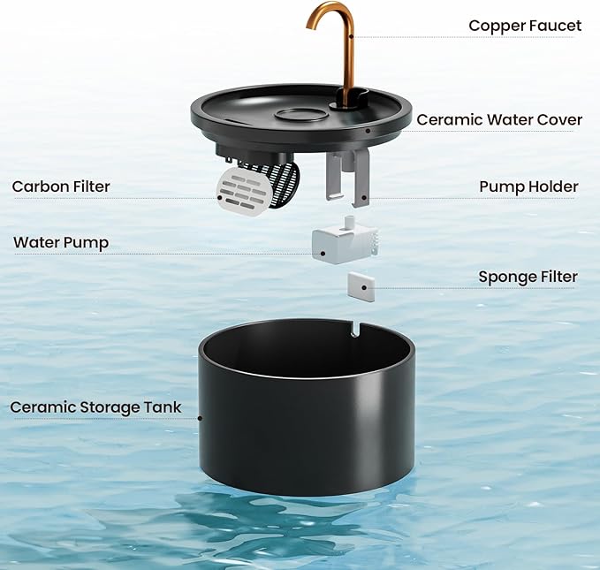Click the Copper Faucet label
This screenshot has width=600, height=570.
click(524, 26)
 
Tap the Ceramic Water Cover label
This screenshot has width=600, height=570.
click(498, 119)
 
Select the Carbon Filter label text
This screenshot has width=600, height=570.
click(61, 186)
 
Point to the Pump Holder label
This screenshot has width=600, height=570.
click(528, 186)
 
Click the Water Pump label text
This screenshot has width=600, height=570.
click(61, 242)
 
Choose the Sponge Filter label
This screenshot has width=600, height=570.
click(528, 277)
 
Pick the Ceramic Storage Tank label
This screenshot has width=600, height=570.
click(95, 407)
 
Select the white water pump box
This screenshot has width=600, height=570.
click(340, 242)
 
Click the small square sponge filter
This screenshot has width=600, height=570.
click(361, 285)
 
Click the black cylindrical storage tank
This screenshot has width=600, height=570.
click(306, 415)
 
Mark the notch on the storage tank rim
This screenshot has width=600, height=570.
click(354, 328)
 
